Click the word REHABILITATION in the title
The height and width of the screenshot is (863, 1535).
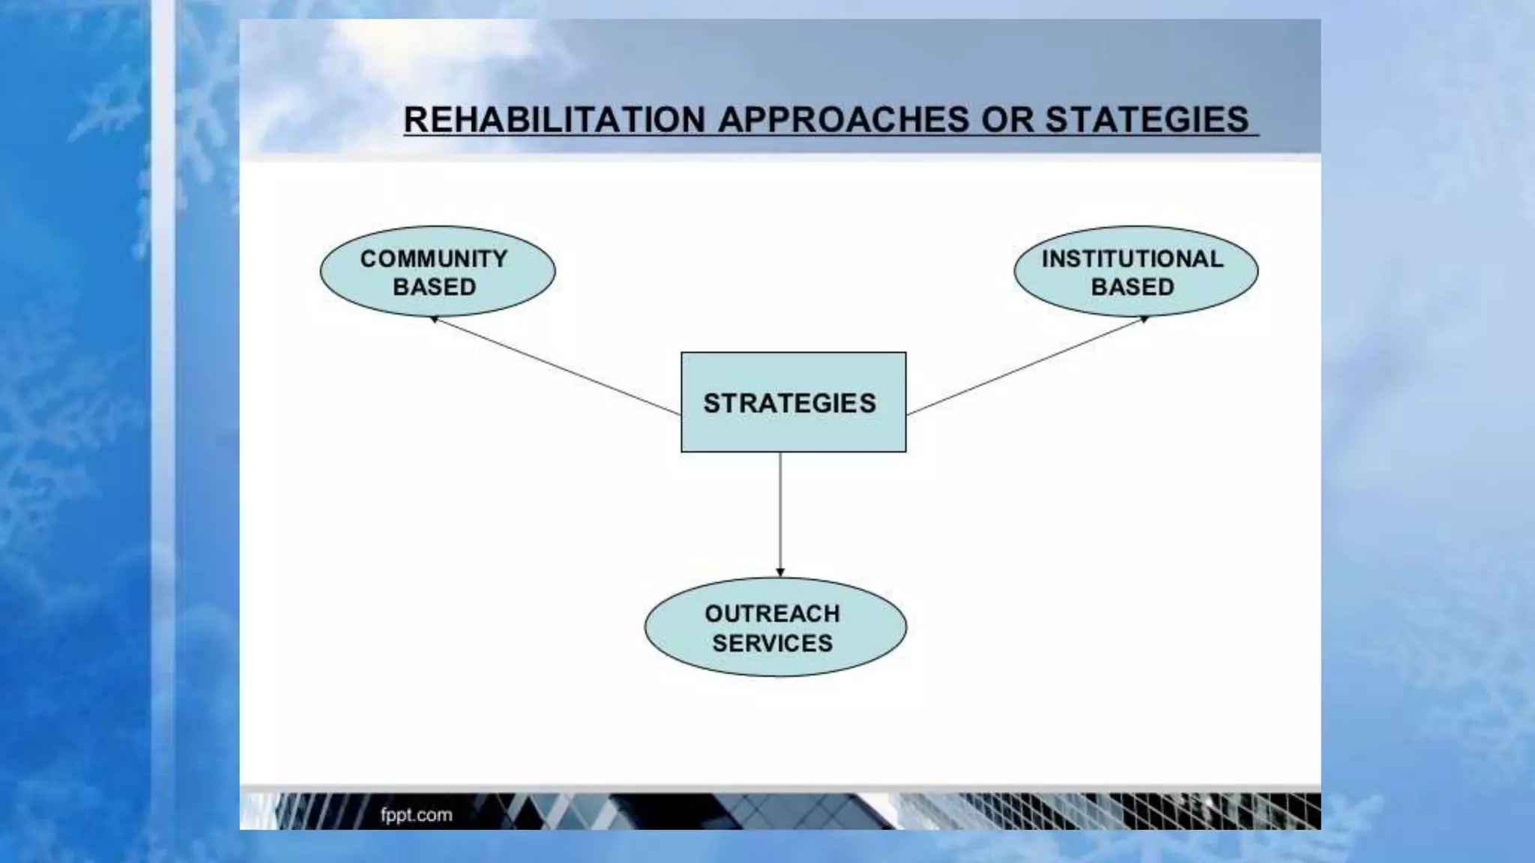click(554, 120)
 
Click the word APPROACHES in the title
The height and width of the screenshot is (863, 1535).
click(843, 120)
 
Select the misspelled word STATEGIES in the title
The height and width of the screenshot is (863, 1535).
click(1147, 120)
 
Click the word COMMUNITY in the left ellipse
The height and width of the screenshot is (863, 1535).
click(434, 258)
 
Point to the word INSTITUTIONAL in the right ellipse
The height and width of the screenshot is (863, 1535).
click(1132, 258)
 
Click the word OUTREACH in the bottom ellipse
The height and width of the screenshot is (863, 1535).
click(772, 614)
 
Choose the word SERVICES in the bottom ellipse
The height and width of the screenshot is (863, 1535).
click(772, 643)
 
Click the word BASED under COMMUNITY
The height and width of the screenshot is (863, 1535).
click(434, 287)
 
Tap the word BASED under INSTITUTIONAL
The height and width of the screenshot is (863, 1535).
click(1132, 287)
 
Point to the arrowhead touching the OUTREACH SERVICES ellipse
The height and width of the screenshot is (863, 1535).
click(780, 572)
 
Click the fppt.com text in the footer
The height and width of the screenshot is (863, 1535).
click(416, 814)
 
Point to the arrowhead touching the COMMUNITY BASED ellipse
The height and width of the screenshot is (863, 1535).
click(435, 320)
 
